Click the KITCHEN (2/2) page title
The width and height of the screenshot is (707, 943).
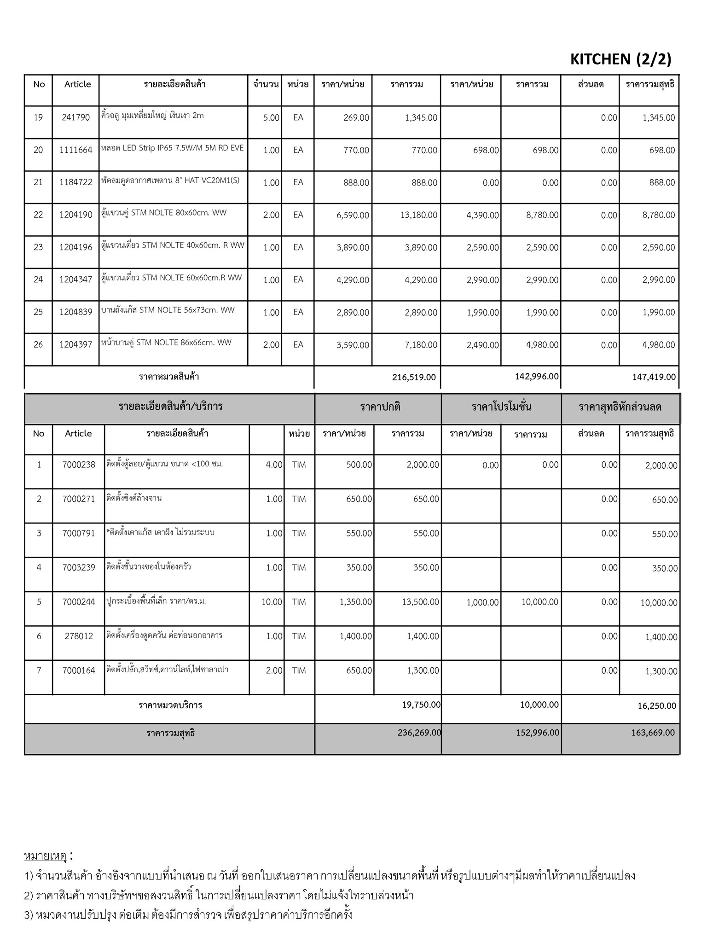[x=620, y=59]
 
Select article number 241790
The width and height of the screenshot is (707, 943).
[x=76, y=117]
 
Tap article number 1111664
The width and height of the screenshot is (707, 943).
[x=76, y=150]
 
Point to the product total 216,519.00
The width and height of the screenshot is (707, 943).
[x=414, y=378]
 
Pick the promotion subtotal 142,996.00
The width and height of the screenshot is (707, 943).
[x=537, y=377]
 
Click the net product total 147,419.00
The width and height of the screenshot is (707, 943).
[x=654, y=378]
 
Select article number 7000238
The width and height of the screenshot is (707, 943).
[x=79, y=465]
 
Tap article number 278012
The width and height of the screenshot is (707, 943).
[x=79, y=636]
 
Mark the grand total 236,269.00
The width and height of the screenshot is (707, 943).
[x=419, y=733]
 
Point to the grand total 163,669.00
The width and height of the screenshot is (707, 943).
[x=653, y=733]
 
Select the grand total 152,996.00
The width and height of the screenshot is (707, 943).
[x=538, y=733]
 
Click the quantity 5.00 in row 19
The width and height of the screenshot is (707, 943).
[x=271, y=118]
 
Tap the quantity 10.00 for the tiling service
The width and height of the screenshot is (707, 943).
[x=272, y=602]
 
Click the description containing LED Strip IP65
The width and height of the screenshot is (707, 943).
[x=173, y=148]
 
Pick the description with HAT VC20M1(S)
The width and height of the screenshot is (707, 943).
[x=170, y=180]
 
